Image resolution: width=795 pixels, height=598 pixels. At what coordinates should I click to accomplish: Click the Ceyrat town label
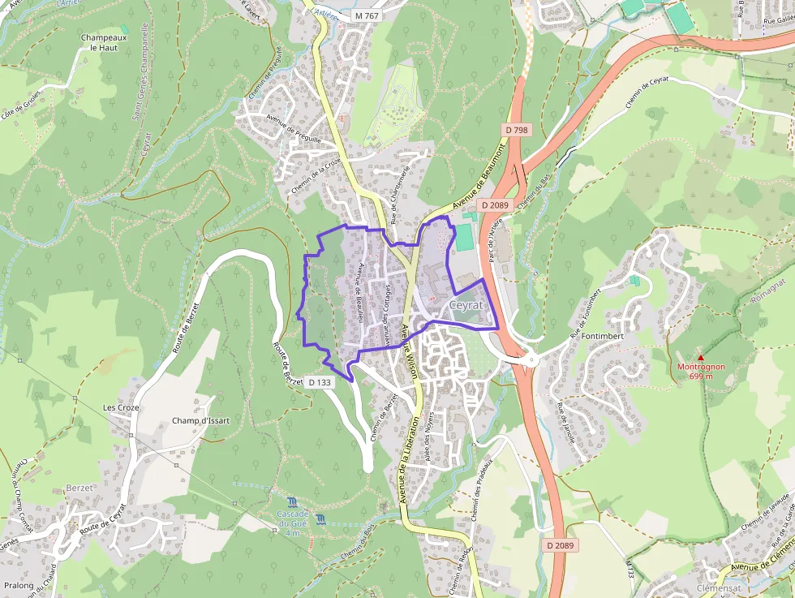[466, 305]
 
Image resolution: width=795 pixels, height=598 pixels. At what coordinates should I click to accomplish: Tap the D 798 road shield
[516, 130]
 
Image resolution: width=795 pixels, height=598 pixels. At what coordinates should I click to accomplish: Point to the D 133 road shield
[321, 381]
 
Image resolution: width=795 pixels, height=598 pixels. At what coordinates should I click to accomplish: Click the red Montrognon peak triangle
[701, 358]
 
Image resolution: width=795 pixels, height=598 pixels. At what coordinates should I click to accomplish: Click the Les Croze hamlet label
[121, 407]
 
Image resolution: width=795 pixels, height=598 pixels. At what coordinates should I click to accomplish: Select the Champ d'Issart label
[200, 421]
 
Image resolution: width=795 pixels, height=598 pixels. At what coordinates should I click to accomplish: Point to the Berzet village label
[79, 488]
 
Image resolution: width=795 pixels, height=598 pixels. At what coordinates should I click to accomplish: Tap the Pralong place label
[19, 585]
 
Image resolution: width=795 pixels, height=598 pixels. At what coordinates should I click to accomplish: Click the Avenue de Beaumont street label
[479, 176]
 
